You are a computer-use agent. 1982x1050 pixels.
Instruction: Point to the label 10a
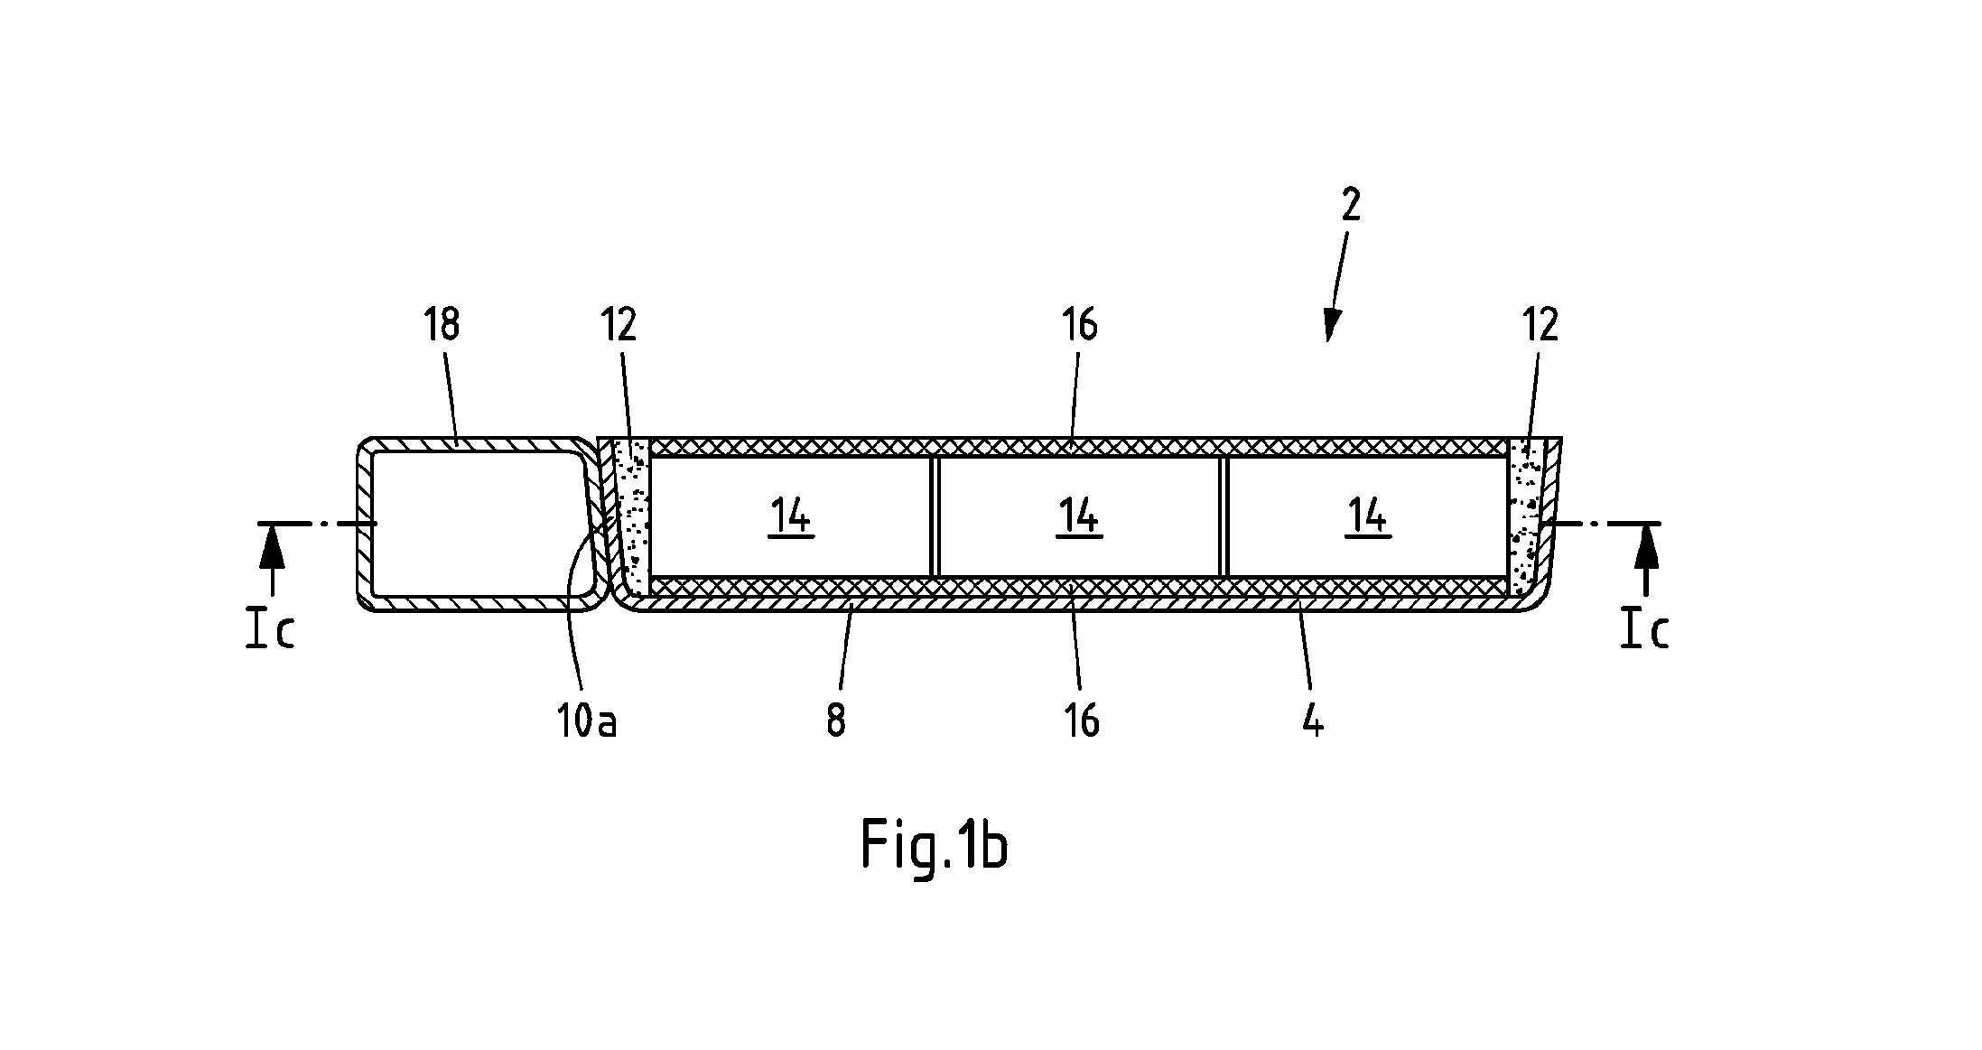(x=587, y=721)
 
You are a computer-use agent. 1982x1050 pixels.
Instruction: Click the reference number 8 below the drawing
(x=836, y=721)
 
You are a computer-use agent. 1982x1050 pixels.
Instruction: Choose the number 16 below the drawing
(x=1082, y=721)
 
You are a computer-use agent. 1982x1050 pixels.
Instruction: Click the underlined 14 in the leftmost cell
(x=791, y=518)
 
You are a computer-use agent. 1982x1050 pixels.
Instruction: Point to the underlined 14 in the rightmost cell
(x=1368, y=518)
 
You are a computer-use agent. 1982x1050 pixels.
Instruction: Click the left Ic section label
(x=271, y=630)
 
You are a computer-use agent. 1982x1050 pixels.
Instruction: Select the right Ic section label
(x=1645, y=630)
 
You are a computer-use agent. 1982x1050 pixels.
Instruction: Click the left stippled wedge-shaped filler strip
(x=632, y=516)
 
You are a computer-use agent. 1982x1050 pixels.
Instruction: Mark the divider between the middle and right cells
(x=1224, y=516)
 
